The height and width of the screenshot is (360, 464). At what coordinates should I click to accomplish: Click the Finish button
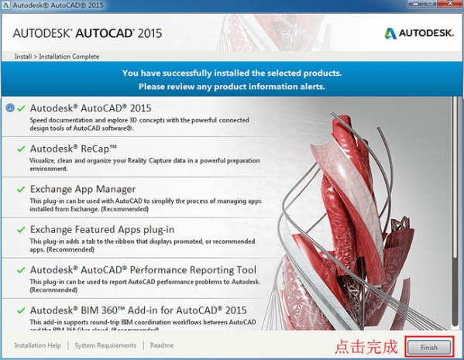click(x=428, y=347)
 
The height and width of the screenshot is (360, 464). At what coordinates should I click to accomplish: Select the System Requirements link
click(x=105, y=345)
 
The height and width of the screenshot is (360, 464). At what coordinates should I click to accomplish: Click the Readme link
click(x=162, y=345)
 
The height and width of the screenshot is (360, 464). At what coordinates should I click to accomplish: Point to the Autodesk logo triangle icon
click(x=391, y=33)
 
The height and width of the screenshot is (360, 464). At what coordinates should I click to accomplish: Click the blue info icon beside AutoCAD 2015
click(x=9, y=108)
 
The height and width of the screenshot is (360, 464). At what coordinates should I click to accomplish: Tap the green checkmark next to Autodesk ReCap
click(x=20, y=148)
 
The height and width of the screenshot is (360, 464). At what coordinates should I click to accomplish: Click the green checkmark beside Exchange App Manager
click(x=20, y=188)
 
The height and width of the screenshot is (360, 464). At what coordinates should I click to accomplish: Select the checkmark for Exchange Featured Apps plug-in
click(x=20, y=229)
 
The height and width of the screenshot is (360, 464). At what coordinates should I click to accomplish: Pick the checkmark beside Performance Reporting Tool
click(x=20, y=269)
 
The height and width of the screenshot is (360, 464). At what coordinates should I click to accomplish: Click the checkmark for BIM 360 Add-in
click(x=20, y=310)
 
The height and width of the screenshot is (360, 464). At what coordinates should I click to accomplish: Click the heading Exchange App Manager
click(x=82, y=188)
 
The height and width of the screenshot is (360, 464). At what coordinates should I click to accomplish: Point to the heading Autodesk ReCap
click(x=73, y=148)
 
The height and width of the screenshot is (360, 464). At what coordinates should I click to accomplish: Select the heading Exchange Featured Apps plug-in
click(x=101, y=229)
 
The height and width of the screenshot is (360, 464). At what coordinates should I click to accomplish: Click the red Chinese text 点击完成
click(x=366, y=346)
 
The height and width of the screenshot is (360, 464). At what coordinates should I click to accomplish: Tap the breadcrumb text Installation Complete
click(x=70, y=57)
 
